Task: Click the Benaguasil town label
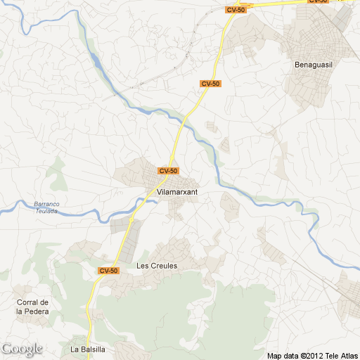point(312,65)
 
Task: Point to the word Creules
point(164,266)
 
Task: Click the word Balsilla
point(91,349)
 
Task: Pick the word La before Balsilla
point(74,349)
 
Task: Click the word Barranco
point(47,205)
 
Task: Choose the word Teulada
point(47,211)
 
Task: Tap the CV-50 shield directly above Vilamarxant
point(169,171)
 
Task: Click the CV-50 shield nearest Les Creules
point(108,271)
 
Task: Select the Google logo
point(22,349)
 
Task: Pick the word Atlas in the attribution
point(350,355)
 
